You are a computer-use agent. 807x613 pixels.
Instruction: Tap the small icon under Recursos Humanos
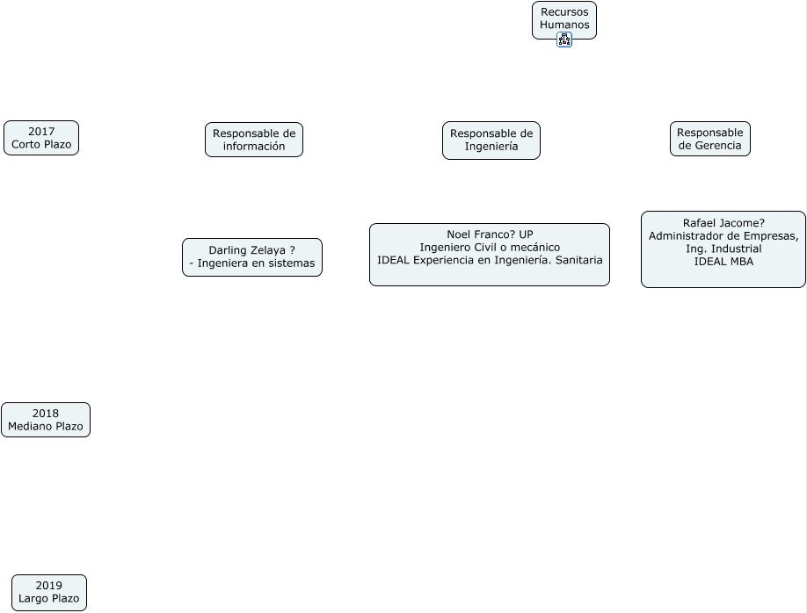click(564, 40)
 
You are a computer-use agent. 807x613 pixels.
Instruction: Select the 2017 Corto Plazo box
click(41, 138)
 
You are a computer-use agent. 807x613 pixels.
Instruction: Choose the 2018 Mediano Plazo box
click(46, 420)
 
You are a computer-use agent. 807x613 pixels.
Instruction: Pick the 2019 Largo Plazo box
click(49, 593)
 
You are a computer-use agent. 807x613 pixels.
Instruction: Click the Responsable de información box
click(254, 140)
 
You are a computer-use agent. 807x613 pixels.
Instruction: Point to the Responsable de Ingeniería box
click(491, 141)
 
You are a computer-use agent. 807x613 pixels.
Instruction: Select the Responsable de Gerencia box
click(710, 139)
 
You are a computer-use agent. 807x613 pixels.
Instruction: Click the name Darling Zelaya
click(247, 250)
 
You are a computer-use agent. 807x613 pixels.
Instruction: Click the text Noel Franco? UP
click(490, 234)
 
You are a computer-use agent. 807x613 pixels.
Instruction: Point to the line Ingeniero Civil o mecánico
click(490, 248)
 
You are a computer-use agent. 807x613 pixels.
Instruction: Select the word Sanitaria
click(574, 261)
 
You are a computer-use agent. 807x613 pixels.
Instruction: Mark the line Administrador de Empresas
click(723, 236)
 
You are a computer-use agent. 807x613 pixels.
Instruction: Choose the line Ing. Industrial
click(723, 249)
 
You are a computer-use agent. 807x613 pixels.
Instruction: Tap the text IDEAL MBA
click(723, 262)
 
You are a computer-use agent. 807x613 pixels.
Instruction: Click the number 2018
click(46, 414)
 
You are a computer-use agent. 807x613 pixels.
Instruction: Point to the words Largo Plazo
click(49, 599)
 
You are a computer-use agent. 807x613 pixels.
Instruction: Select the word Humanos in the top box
click(564, 25)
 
